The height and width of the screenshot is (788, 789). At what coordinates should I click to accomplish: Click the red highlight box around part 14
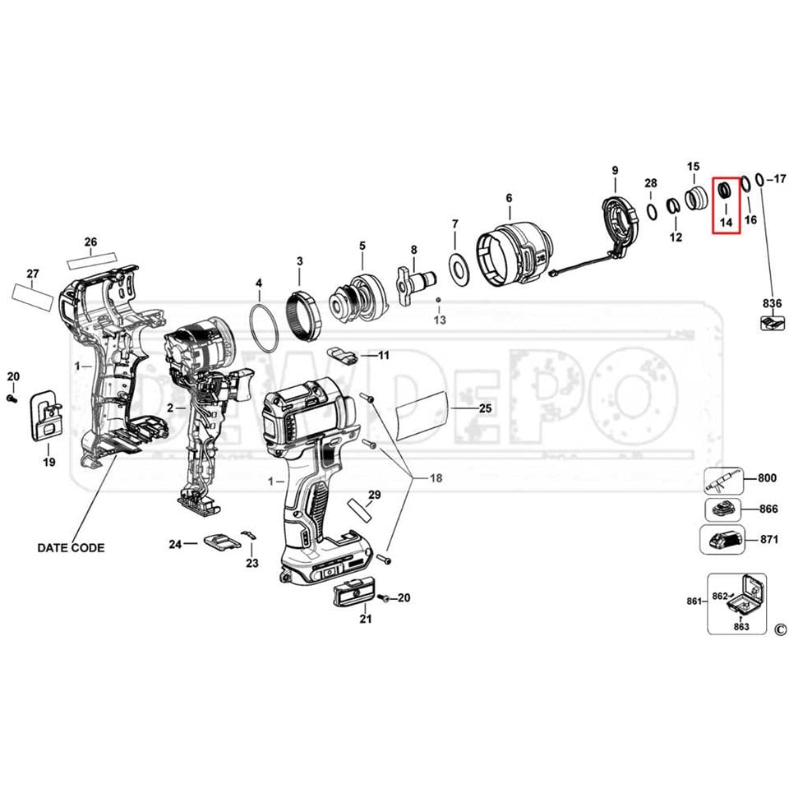pyautogui.click(x=712, y=205)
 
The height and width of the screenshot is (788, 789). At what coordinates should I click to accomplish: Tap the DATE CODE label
pyautogui.click(x=71, y=547)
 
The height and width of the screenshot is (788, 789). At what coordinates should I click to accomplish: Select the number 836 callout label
pyautogui.click(x=772, y=303)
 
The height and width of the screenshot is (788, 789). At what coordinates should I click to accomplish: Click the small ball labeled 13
pyautogui.click(x=439, y=300)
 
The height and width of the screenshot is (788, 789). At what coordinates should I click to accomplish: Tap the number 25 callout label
pyautogui.click(x=485, y=408)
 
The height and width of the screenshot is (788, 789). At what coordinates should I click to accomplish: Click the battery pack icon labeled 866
pyautogui.click(x=723, y=510)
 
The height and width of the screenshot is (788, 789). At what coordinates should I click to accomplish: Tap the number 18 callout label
pyautogui.click(x=436, y=477)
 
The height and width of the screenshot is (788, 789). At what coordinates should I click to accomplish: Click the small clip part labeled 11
pyautogui.click(x=342, y=354)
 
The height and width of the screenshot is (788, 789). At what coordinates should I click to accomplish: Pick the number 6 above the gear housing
pyautogui.click(x=509, y=198)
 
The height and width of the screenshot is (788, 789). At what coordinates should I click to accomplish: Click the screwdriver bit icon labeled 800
pyautogui.click(x=723, y=481)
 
